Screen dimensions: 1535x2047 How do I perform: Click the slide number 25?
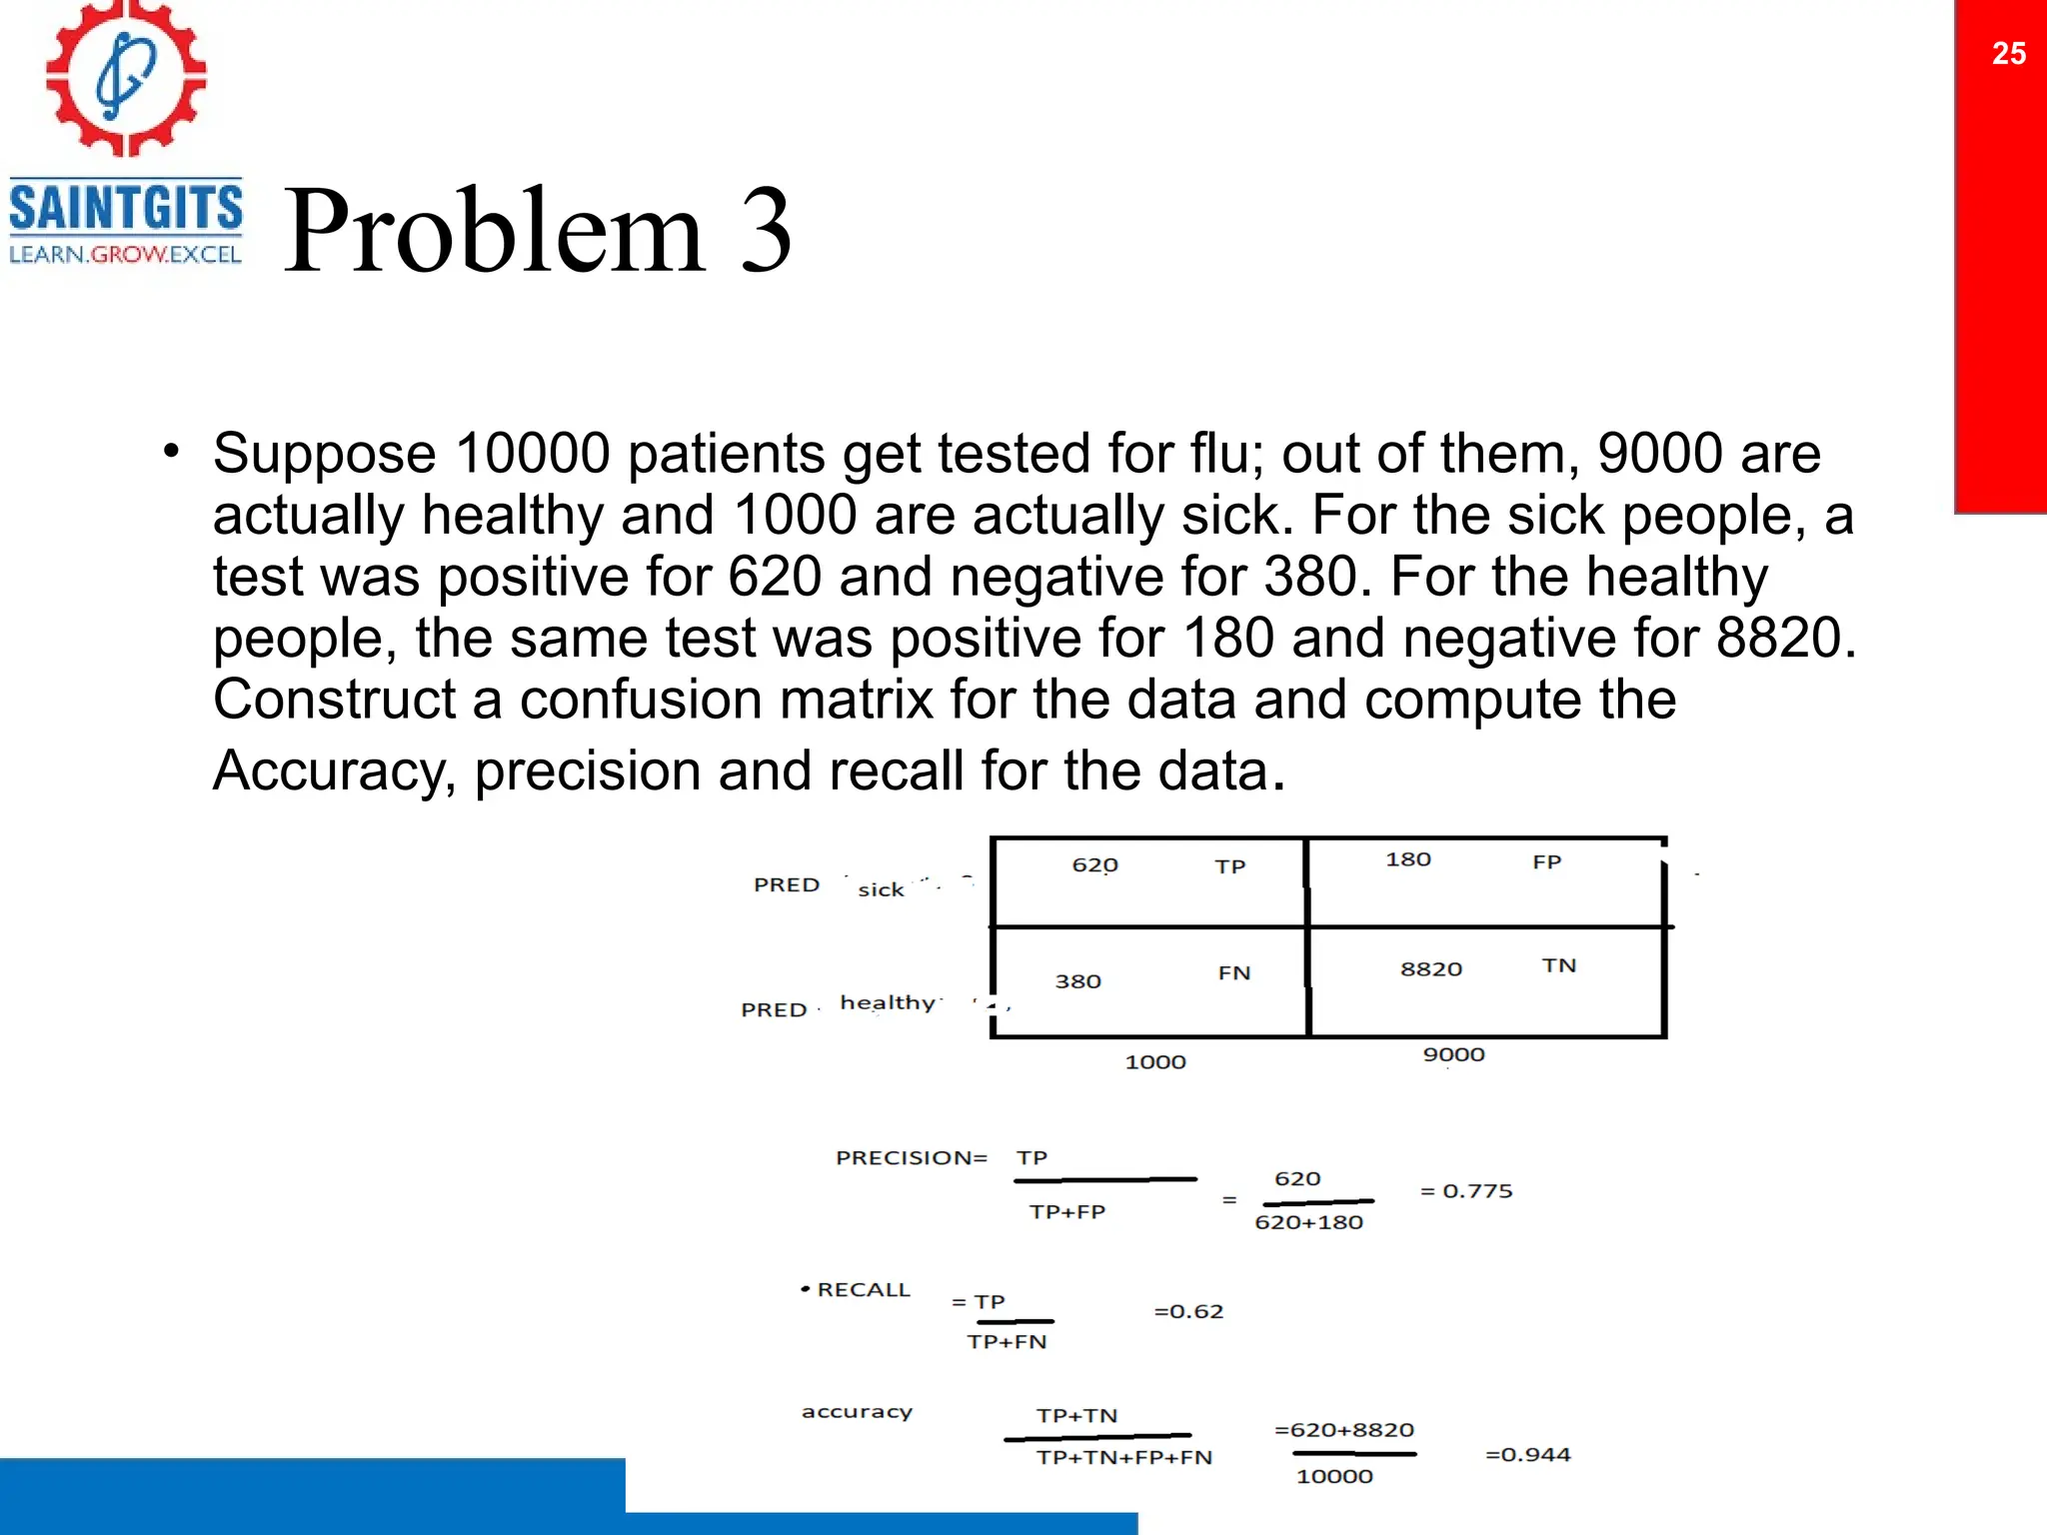click(2008, 53)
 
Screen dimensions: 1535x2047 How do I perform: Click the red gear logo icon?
click(126, 78)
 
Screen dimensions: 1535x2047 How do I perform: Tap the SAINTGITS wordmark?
click(126, 208)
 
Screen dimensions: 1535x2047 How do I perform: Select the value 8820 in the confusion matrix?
click(1430, 968)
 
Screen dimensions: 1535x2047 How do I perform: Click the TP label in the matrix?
click(1230, 866)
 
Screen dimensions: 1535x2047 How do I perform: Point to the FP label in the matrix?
click(1546, 861)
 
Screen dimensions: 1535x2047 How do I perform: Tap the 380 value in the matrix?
click(1077, 981)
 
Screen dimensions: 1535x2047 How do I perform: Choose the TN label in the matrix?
click(1558, 965)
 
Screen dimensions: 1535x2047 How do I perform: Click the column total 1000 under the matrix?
click(1154, 1062)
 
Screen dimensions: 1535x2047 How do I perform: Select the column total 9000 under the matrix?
click(1453, 1054)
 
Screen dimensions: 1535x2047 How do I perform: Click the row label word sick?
click(881, 889)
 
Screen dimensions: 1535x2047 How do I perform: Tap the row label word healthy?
click(888, 1002)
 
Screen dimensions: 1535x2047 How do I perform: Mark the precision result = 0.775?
click(1466, 1191)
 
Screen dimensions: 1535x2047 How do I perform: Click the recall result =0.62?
click(1188, 1311)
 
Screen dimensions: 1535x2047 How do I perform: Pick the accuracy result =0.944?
click(1527, 1454)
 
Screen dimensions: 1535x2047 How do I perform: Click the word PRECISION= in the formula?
click(911, 1157)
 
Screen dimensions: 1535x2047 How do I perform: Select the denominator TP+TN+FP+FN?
click(1123, 1457)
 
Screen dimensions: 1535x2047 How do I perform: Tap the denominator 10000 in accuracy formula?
click(1334, 1476)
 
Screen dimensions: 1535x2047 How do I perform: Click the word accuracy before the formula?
click(857, 1412)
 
